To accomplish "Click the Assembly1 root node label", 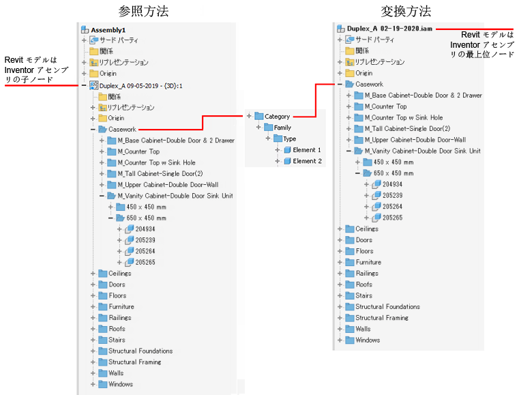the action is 108,30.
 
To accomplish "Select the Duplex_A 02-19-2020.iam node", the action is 389,29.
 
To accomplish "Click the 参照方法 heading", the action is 143,12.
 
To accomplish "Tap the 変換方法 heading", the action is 406,12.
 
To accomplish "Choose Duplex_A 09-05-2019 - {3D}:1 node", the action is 140,86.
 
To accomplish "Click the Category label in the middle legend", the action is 277,116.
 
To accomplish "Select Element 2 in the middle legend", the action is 307,161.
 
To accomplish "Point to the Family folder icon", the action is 269,128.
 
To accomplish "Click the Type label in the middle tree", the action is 289,138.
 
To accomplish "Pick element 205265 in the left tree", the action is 145,262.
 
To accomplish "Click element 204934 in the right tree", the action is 392,184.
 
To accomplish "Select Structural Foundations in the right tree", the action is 387,306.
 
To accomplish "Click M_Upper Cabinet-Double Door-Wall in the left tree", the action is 168,185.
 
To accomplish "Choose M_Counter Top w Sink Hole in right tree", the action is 404,117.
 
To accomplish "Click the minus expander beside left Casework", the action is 93,130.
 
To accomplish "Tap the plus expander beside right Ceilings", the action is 340,229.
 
